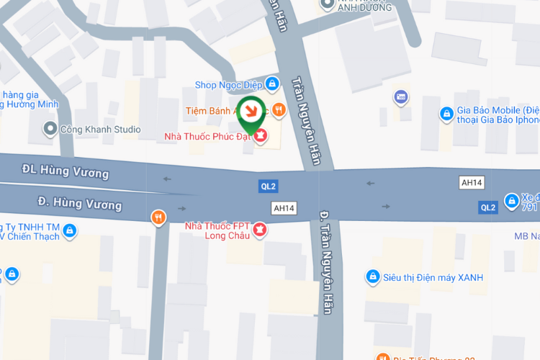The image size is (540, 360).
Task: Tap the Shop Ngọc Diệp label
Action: click(x=228, y=85)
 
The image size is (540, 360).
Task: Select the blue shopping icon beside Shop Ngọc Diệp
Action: click(x=271, y=85)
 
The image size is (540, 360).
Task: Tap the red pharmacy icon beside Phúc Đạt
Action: click(x=261, y=135)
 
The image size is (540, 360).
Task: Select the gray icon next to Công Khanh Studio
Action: click(x=50, y=130)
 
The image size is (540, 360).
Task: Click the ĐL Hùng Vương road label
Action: click(x=65, y=171)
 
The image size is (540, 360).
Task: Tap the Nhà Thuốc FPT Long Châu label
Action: click(x=217, y=230)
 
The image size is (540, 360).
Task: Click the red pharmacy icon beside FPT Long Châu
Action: click(x=261, y=230)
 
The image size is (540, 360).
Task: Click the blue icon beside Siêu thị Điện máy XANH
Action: click(x=372, y=276)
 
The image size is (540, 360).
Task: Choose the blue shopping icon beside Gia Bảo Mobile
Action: click(x=447, y=114)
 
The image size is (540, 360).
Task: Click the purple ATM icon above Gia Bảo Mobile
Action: click(x=401, y=96)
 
